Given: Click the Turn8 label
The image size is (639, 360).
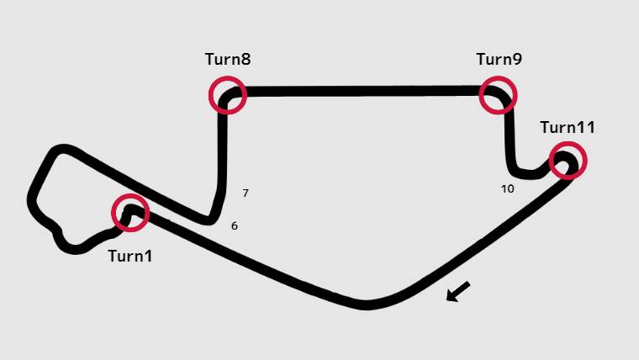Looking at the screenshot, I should pos(228,60).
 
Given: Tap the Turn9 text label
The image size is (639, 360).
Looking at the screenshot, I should pos(499,60).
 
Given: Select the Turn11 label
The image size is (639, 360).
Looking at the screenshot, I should pos(568,128).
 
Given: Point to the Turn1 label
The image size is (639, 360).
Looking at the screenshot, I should pos(130,256).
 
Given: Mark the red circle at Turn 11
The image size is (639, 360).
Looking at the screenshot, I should pos(568,161).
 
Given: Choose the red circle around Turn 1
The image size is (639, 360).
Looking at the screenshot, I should pos(130,213).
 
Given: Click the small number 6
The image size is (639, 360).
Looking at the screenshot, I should pos(235,226).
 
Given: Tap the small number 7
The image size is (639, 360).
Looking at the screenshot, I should pos(246,193).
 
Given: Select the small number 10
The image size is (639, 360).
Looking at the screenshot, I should pos(507,189).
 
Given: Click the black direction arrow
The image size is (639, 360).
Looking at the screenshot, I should pos(457,292).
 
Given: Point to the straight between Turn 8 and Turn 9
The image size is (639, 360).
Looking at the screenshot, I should pos(362,91).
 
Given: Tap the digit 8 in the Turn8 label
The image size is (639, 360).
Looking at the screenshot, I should pos(246,60).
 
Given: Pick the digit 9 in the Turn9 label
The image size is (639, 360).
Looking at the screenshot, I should pos(517,60).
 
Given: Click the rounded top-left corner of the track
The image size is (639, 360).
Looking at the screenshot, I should pos(57,151).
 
